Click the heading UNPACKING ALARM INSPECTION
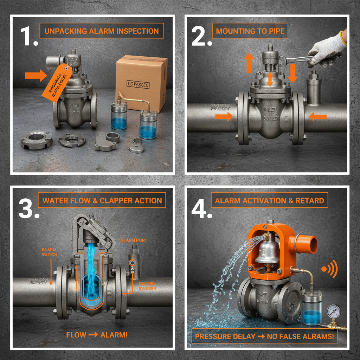101,31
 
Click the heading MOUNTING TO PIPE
250,31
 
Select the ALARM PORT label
134,240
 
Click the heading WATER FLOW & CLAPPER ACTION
102,201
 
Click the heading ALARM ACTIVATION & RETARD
269,201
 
